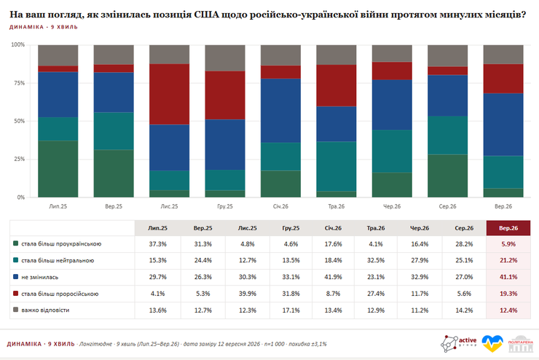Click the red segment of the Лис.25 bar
(169, 94)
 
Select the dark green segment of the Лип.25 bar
(58, 169)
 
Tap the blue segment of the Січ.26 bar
(280, 111)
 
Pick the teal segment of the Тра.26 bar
(337, 166)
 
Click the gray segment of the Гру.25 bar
(225, 58)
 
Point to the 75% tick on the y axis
(18, 83)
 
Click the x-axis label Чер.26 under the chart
(392, 206)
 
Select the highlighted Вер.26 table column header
(508, 228)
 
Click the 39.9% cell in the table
(248, 294)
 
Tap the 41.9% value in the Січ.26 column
(333, 277)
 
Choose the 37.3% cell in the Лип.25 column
(158, 244)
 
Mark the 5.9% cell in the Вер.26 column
(508, 244)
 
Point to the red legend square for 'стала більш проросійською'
(15, 293)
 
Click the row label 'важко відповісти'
(45, 310)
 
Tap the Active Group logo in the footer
(459, 343)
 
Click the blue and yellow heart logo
(492, 343)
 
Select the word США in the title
(206, 15)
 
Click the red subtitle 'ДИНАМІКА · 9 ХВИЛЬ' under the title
(44, 27)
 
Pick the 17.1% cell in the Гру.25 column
(291, 310)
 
